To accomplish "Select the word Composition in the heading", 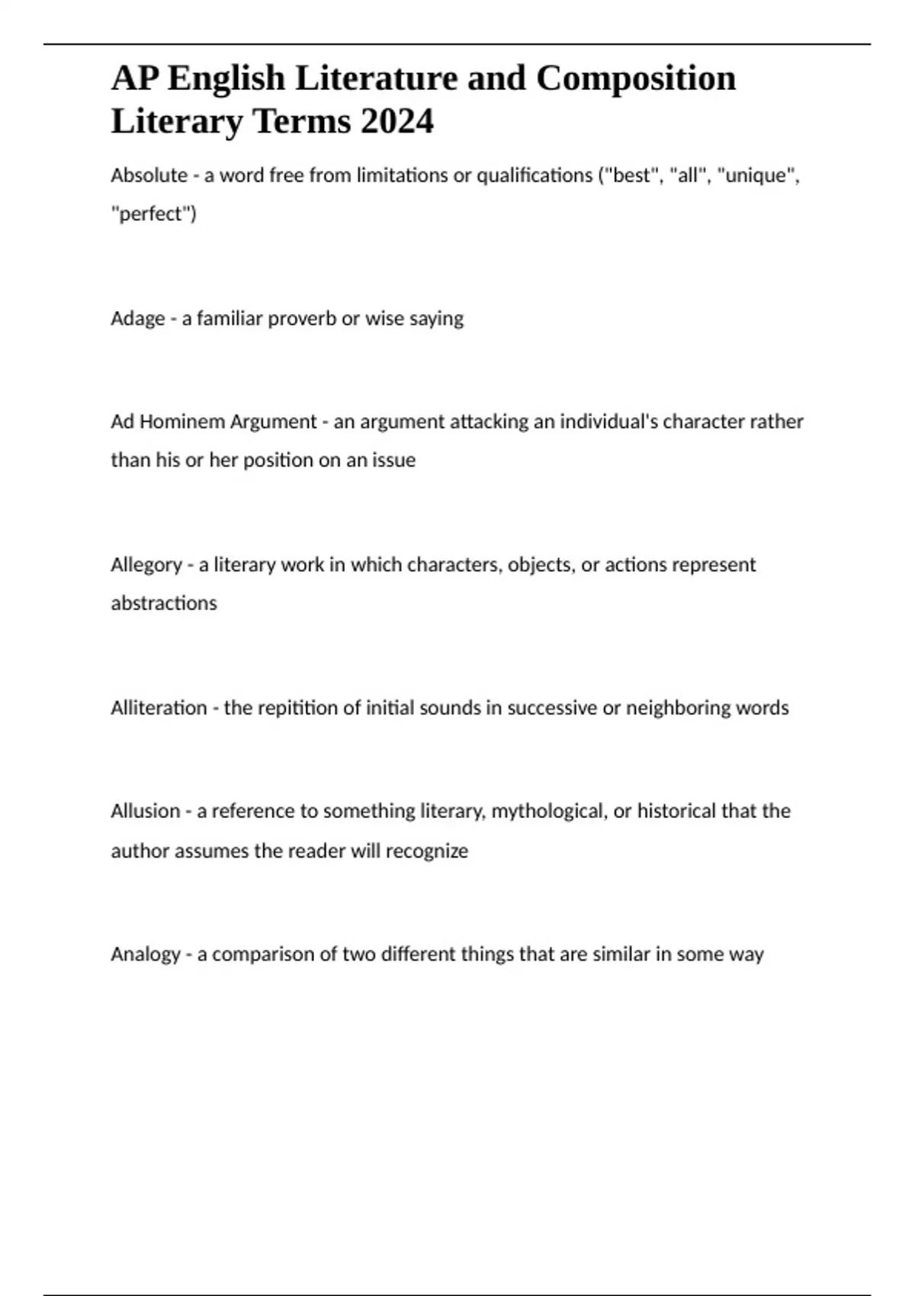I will tap(636, 79).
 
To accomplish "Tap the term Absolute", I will tap(149, 175).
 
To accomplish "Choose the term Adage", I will tap(137, 319).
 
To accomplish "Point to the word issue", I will tap(393, 460).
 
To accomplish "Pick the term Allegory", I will tap(146, 565).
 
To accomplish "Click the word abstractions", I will tap(164, 603).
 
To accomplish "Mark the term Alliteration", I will tap(159, 707).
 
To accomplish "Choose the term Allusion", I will tap(145, 811).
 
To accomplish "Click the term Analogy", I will tap(145, 954).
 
